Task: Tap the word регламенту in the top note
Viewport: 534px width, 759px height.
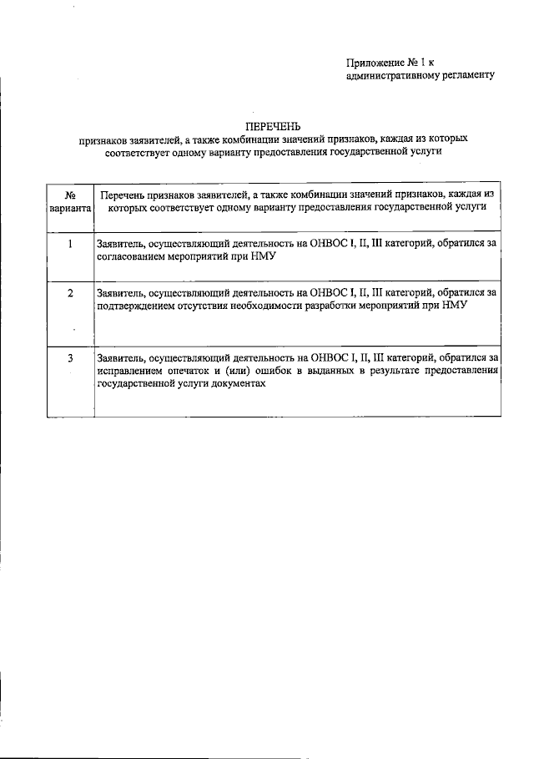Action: pyautogui.click(x=468, y=75)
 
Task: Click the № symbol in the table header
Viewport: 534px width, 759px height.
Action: pyautogui.click(x=70, y=194)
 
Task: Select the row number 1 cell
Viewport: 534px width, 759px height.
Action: pyautogui.click(x=70, y=244)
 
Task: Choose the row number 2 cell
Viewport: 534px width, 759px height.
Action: pyautogui.click(x=70, y=293)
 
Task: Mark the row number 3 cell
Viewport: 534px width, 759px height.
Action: pyautogui.click(x=70, y=358)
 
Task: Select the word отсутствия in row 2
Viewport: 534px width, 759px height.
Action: pyautogui.click(x=208, y=306)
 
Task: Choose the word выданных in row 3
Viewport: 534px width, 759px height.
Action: pyautogui.click(x=339, y=371)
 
